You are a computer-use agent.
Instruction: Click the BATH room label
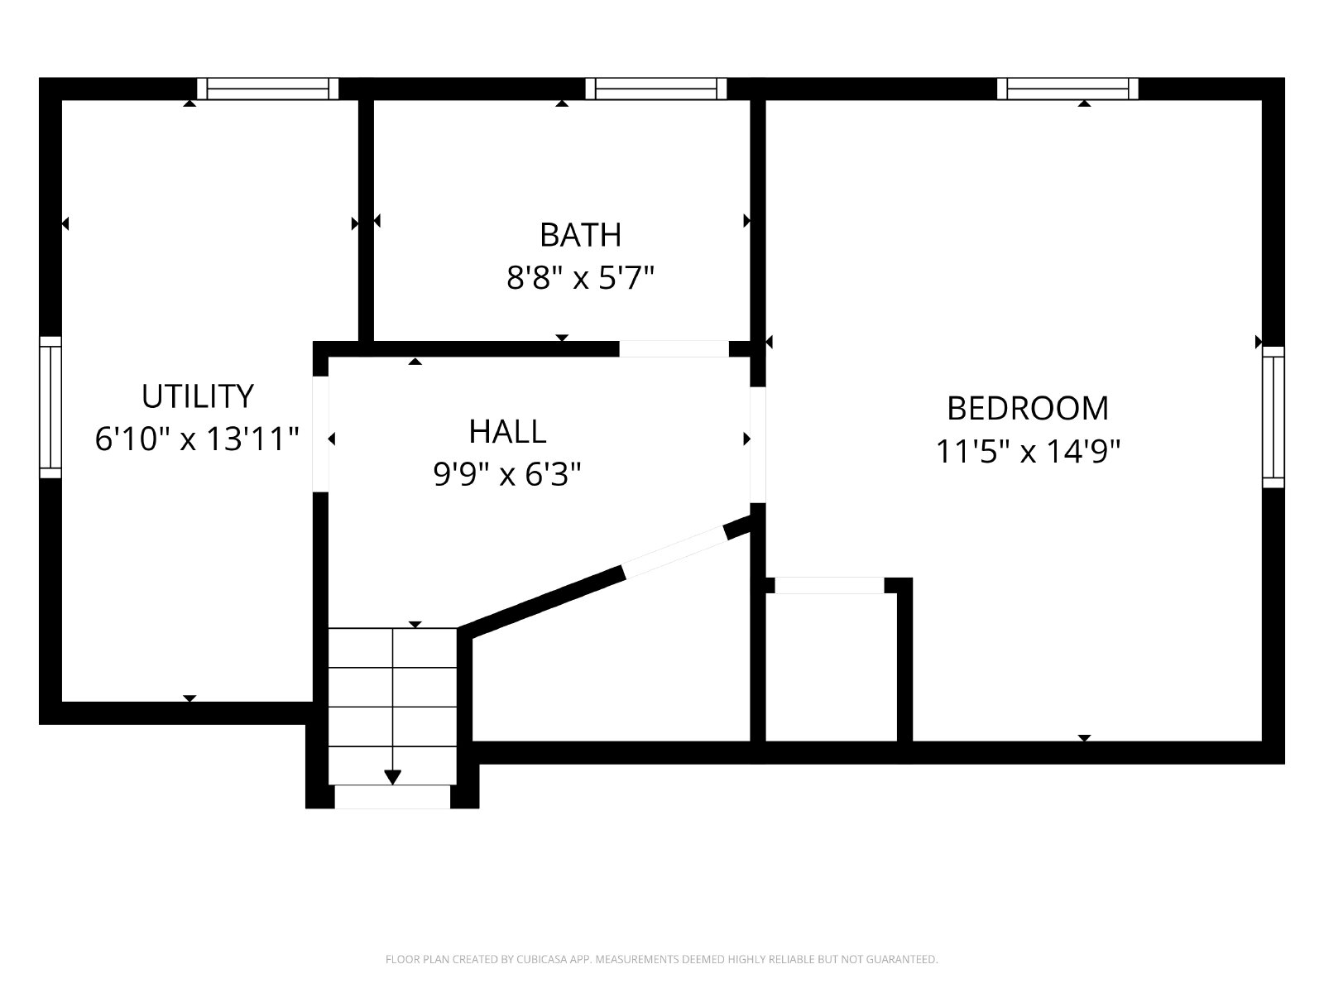coord(580,235)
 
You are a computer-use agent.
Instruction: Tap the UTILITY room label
coord(197,396)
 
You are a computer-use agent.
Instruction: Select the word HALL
coord(507,432)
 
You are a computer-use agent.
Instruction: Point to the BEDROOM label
coord(1027,408)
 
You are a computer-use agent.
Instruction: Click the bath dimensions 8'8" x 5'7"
coord(580,278)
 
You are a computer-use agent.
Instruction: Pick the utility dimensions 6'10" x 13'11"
coord(197,439)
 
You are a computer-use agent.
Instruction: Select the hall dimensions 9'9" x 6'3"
coord(507,474)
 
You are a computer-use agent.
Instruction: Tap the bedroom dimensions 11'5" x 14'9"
coord(1027,451)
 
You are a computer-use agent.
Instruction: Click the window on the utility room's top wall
coord(268,89)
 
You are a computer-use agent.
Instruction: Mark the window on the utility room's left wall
coord(50,407)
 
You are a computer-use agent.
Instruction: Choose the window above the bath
coord(655,89)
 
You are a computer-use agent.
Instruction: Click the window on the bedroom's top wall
coord(1067,89)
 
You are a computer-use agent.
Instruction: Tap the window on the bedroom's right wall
coord(1274,416)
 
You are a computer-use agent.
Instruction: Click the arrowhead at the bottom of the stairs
coord(393,777)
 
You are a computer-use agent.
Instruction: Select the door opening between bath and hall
coord(674,349)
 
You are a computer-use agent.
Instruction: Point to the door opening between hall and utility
coord(320,434)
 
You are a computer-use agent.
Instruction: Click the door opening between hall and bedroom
coord(758,444)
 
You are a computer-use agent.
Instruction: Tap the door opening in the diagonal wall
coord(675,552)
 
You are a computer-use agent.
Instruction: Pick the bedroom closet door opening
coord(829,585)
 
